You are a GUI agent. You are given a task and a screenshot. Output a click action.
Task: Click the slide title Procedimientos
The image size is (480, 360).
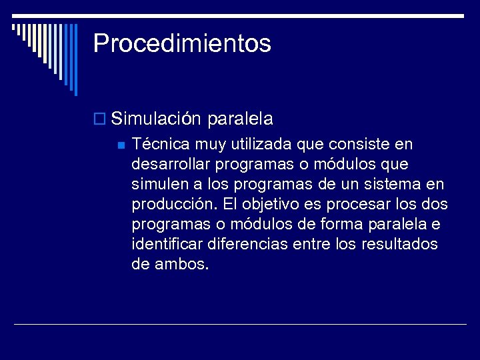(182, 43)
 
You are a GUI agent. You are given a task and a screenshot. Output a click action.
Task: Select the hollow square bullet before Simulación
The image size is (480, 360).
(99, 120)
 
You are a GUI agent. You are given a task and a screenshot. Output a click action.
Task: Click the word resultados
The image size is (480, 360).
(400, 244)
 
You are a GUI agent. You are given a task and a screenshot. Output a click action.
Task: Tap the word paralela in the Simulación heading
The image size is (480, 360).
(240, 119)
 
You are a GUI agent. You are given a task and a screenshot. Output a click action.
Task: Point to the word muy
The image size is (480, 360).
(205, 145)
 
